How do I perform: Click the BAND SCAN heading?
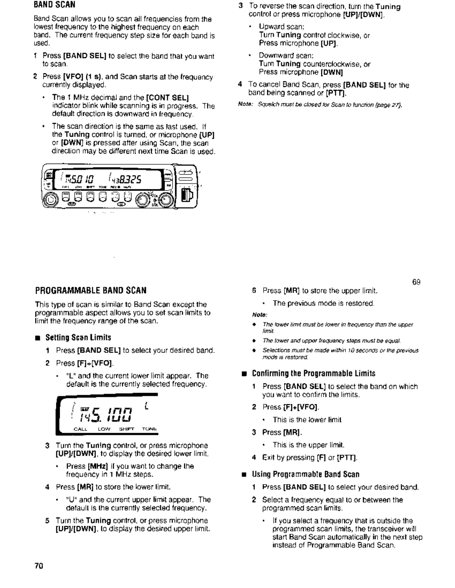(54, 5)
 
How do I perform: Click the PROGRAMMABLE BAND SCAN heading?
(91, 290)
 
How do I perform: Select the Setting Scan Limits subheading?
(78, 337)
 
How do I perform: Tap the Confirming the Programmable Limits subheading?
(313, 374)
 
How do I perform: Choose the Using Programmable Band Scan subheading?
(305, 475)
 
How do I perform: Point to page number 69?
(416, 282)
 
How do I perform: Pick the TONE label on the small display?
(149, 429)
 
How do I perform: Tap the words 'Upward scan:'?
(281, 27)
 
